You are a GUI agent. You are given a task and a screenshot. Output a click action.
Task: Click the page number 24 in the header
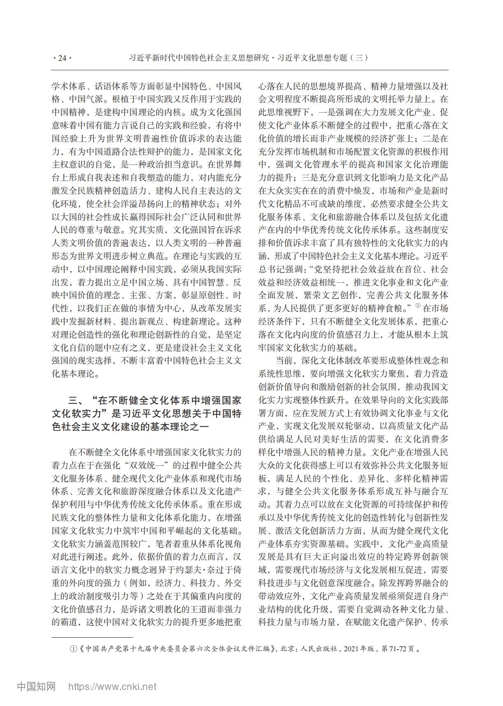[x=62, y=58]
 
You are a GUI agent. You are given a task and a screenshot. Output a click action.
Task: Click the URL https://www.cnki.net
[x=112, y=686]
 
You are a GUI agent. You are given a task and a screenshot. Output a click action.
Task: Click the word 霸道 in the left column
[x=65, y=622]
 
